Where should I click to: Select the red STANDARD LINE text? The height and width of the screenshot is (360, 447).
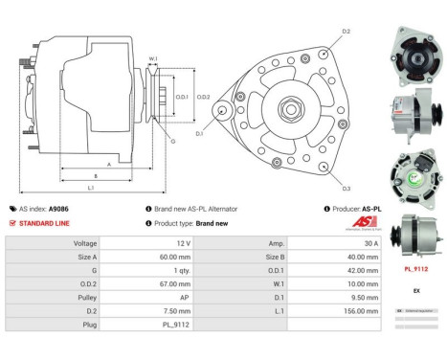tap(44, 222)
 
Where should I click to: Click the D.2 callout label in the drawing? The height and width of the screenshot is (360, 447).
tap(346, 32)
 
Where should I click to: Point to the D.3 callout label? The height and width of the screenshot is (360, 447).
tap(346, 188)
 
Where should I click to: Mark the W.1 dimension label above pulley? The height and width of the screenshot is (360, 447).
tap(153, 59)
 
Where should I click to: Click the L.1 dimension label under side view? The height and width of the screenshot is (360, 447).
tap(90, 188)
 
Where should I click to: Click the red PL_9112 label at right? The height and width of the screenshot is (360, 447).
tap(414, 269)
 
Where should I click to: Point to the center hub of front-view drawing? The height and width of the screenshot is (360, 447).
tap(286, 110)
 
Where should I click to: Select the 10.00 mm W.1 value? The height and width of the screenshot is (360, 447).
tap(343, 283)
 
